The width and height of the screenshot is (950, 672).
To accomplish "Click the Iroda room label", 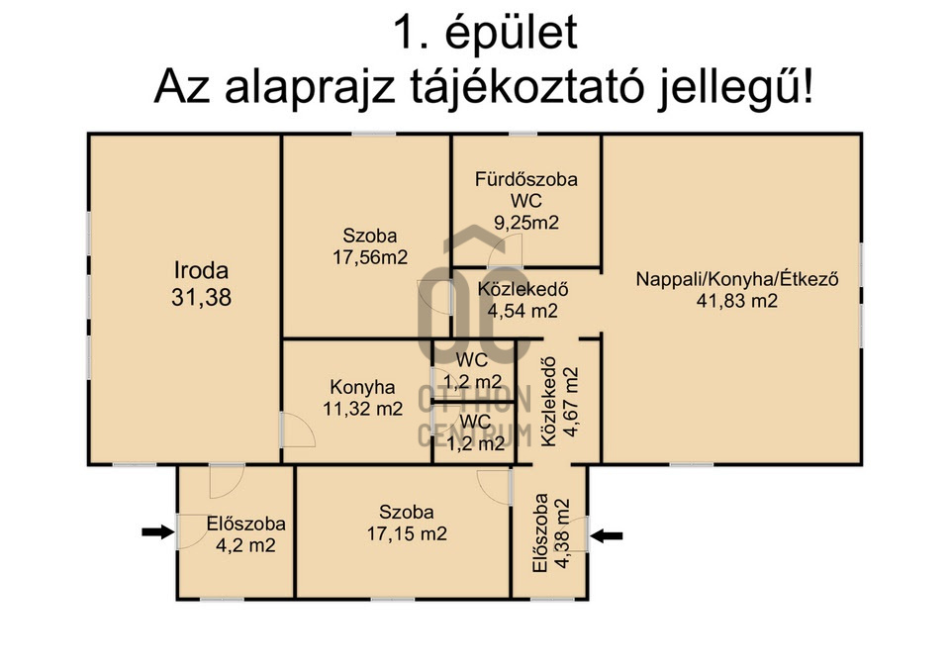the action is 201,270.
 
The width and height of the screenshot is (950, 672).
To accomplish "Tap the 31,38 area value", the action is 201,298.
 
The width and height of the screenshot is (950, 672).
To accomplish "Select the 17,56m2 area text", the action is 370,257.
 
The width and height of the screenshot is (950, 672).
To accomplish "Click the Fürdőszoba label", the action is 525,179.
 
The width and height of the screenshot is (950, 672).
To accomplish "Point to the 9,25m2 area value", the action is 526,223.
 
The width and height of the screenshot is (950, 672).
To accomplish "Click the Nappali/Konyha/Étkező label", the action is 736,279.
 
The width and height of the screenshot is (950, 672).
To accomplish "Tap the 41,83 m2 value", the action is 736,301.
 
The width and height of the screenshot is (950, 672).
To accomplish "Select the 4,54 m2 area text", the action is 522,310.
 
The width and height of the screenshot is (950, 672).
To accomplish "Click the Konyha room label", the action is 362,387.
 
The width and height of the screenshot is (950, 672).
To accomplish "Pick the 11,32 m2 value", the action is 362,409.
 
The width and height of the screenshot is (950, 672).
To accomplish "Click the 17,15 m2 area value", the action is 407,533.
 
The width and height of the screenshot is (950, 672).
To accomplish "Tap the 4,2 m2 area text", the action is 245,545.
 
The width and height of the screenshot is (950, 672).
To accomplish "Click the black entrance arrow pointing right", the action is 157,532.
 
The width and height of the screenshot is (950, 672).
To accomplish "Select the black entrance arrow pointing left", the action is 607,535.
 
